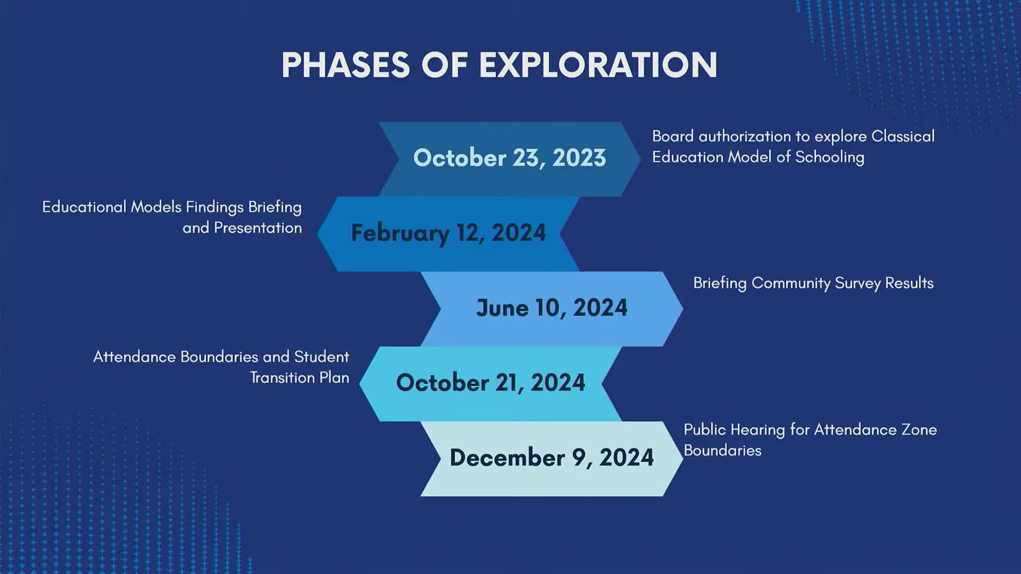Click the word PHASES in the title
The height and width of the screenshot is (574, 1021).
pos(346,65)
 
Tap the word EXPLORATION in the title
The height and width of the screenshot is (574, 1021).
pos(598,65)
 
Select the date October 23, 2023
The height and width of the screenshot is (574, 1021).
pos(509,158)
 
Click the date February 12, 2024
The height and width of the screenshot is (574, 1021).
pos(448,233)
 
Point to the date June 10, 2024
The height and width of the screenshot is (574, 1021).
pos(551,308)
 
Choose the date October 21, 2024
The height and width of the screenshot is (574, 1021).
pos(490,383)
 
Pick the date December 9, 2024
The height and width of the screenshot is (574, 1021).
pos(551,458)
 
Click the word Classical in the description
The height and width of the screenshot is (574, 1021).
pos(902,136)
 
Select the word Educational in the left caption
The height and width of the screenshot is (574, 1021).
pos(84,207)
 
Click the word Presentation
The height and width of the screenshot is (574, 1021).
pos(257,227)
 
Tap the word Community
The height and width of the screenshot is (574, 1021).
pos(790,283)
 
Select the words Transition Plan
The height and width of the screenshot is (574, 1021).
pos(299,377)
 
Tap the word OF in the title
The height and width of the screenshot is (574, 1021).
pos(444,65)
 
